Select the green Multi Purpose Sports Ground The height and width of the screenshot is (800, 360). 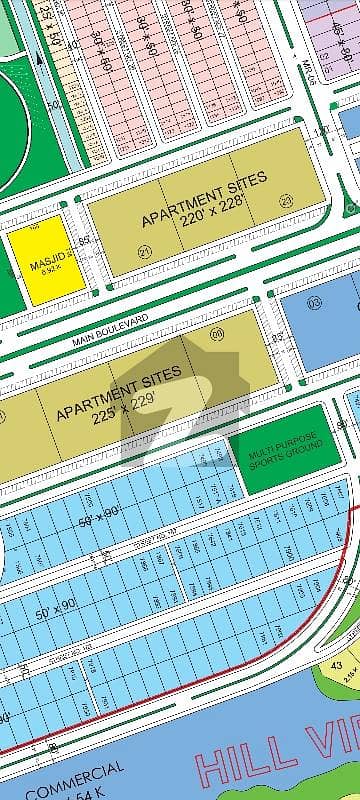(x=278, y=447)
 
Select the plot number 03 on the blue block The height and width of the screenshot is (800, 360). (x=312, y=302)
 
